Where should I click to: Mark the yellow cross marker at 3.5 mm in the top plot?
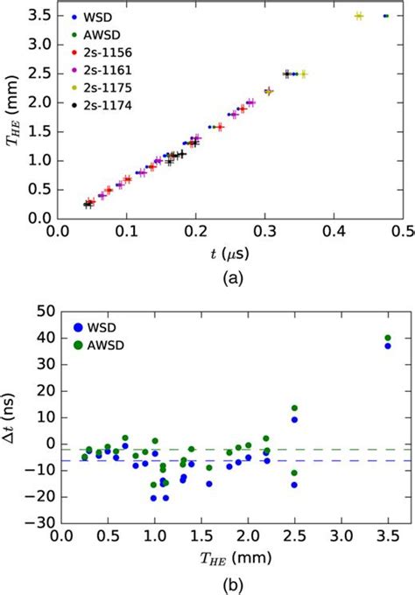[x=358, y=16]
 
